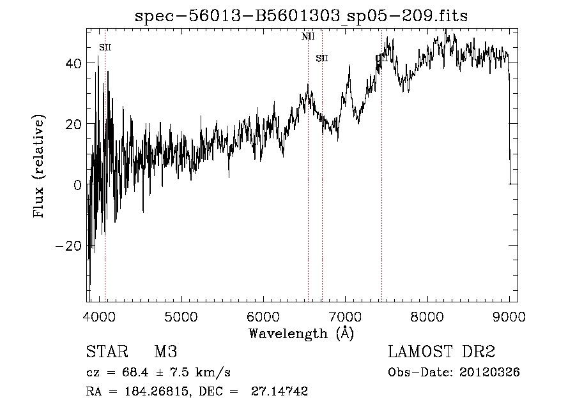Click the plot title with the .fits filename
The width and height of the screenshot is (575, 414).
pos(302,16)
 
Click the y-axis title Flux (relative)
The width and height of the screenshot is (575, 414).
pos(40,167)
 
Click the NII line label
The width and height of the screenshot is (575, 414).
pos(308,36)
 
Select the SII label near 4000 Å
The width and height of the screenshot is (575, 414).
pos(105,47)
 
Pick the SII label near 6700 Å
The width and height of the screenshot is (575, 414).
pos(322,59)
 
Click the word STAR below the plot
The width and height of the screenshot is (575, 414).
pos(106,352)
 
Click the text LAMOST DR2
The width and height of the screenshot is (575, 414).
pos(441,352)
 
